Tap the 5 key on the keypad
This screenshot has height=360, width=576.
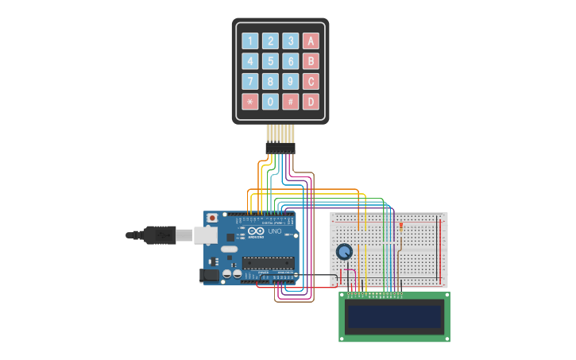click(x=271, y=61)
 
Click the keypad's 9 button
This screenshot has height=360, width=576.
click(x=291, y=81)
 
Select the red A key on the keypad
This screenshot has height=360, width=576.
click(x=311, y=41)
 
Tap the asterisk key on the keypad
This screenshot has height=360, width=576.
click(x=250, y=102)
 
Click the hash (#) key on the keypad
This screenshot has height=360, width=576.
click(x=291, y=102)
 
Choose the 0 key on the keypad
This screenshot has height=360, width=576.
click(x=271, y=102)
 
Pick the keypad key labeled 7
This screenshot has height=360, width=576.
click(x=250, y=81)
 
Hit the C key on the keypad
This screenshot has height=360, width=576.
click(x=311, y=81)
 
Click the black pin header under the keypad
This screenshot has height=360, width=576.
click(x=280, y=148)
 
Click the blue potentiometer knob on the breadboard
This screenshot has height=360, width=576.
click(x=344, y=252)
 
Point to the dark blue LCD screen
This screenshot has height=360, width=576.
click(x=393, y=317)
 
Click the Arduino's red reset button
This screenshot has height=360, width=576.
click(x=211, y=219)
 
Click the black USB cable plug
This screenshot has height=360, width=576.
click(x=159, y=234)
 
